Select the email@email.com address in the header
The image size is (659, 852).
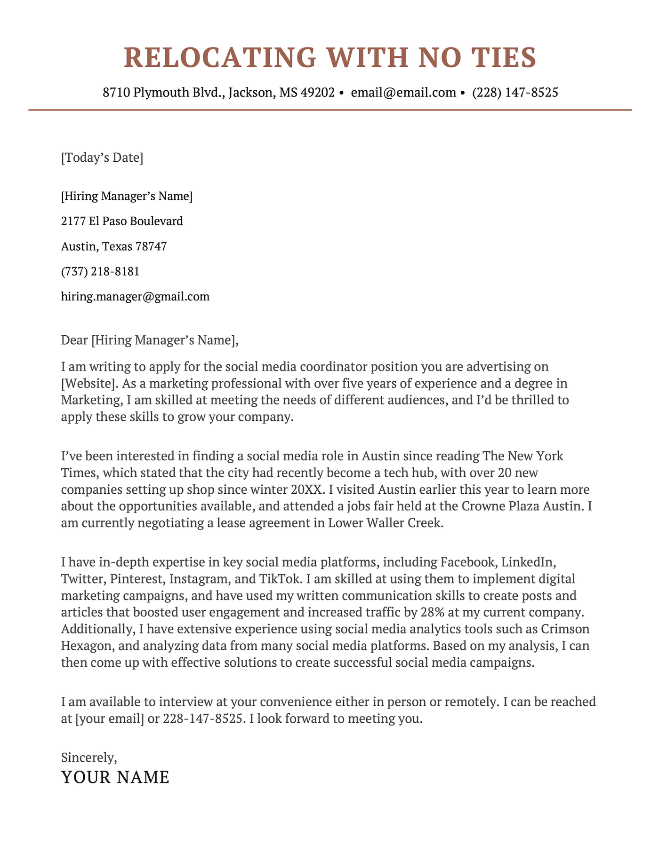pyautogui.click(x=403, y=92)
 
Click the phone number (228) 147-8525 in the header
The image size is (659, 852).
pyautogui.click(x=515, y=92)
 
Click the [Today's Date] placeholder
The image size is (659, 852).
pyautogui.click(x=102, y=158)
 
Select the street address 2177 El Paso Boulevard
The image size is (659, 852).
pyautogui.click(x=122, y=221)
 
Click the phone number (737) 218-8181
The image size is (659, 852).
pyautogui.click(x=100, y=271)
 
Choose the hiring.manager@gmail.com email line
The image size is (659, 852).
pyautogui.click(x=135, y=297)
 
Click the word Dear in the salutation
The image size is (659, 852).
pyautogui.click(x=74, y=340)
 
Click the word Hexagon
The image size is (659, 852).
pyautogui.click(x=87, y=646)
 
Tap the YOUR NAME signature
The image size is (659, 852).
pyautogui.click(x=115, y=777)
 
